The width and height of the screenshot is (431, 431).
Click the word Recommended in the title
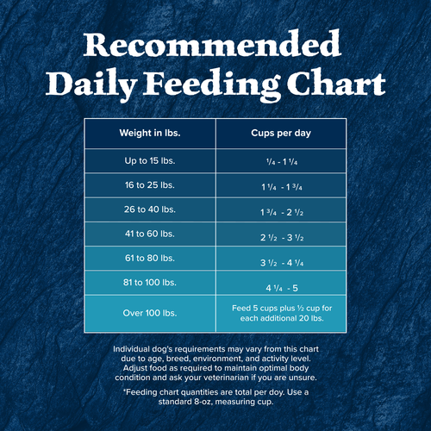215,46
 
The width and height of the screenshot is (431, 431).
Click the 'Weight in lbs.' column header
149,134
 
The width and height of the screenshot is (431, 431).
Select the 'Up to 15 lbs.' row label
149,160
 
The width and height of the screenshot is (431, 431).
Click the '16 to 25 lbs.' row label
149,185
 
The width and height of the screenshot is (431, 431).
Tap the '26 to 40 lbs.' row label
149,209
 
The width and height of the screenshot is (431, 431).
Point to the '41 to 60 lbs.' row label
149,234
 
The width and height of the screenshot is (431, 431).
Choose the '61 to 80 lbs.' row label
149,259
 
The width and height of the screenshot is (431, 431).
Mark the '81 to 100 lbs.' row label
149,283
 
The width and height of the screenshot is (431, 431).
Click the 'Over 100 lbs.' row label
149,314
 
